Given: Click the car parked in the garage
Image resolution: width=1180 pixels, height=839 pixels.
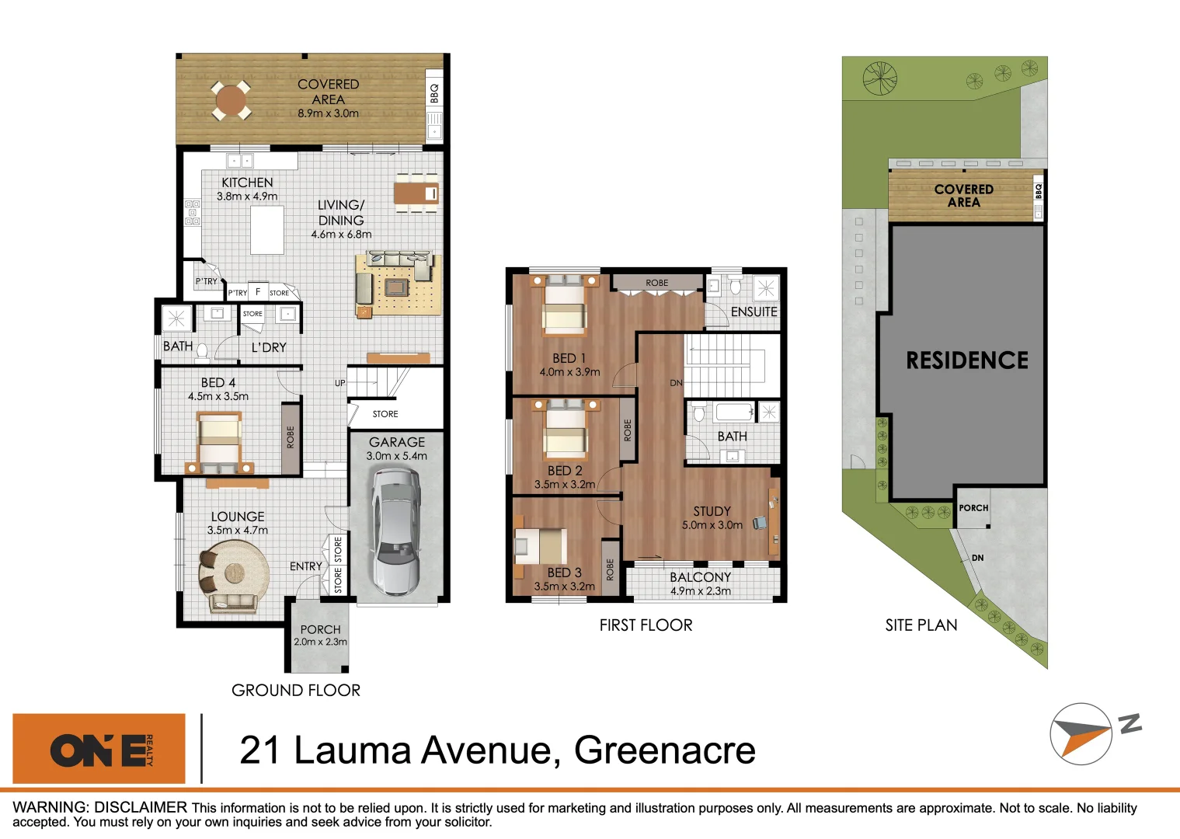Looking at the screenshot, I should pos(396,531).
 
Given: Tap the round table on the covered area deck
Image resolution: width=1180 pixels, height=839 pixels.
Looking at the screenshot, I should pos(231,100).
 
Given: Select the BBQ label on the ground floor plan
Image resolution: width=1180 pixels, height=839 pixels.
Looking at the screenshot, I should pos(434,93).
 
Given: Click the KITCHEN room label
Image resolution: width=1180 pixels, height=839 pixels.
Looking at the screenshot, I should pos(247,183).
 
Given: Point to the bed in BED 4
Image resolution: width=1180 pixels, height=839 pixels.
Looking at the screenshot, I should pos(219,443).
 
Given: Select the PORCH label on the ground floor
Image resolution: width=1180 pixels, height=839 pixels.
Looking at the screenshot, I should pos(320,629).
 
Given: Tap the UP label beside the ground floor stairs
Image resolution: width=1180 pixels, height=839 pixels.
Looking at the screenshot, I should pos(339,383).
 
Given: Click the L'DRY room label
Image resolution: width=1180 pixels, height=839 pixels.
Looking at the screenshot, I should pos(269,347).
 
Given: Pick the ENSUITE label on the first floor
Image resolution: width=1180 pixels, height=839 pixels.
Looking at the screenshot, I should pos(754,312).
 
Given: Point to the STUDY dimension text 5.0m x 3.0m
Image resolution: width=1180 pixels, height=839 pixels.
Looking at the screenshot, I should pos(712,525).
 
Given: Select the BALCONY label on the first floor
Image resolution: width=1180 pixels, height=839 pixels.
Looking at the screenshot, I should pos(700,577).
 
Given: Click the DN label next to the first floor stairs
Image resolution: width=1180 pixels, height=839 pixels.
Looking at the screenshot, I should pos(676,383).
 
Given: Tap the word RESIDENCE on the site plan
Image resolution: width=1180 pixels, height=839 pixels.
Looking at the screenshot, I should pos(967,360).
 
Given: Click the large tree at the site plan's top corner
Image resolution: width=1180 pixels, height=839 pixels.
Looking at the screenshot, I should pos(880,78).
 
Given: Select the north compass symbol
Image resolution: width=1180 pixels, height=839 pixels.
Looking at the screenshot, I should pos(1081,734).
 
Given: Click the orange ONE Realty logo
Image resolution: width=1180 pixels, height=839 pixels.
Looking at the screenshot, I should pos(99,749).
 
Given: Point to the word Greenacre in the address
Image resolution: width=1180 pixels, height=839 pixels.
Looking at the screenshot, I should pos(664,750).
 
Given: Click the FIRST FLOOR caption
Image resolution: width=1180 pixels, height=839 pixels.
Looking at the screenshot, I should pos(646,625).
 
